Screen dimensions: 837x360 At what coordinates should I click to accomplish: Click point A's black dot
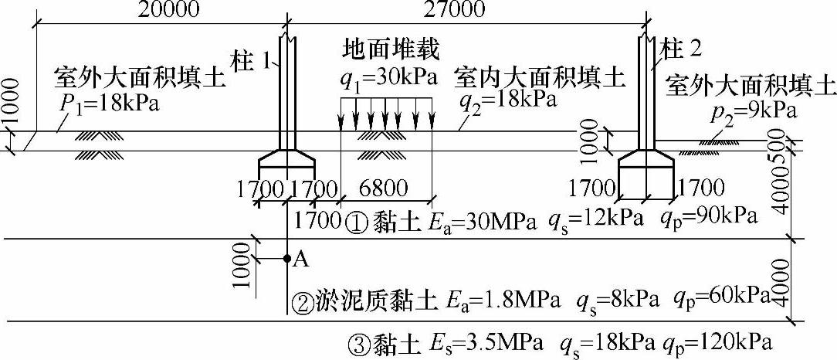286,258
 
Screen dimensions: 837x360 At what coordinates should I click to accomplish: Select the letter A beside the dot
301,260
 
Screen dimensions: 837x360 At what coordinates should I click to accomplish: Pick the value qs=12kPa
595,218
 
